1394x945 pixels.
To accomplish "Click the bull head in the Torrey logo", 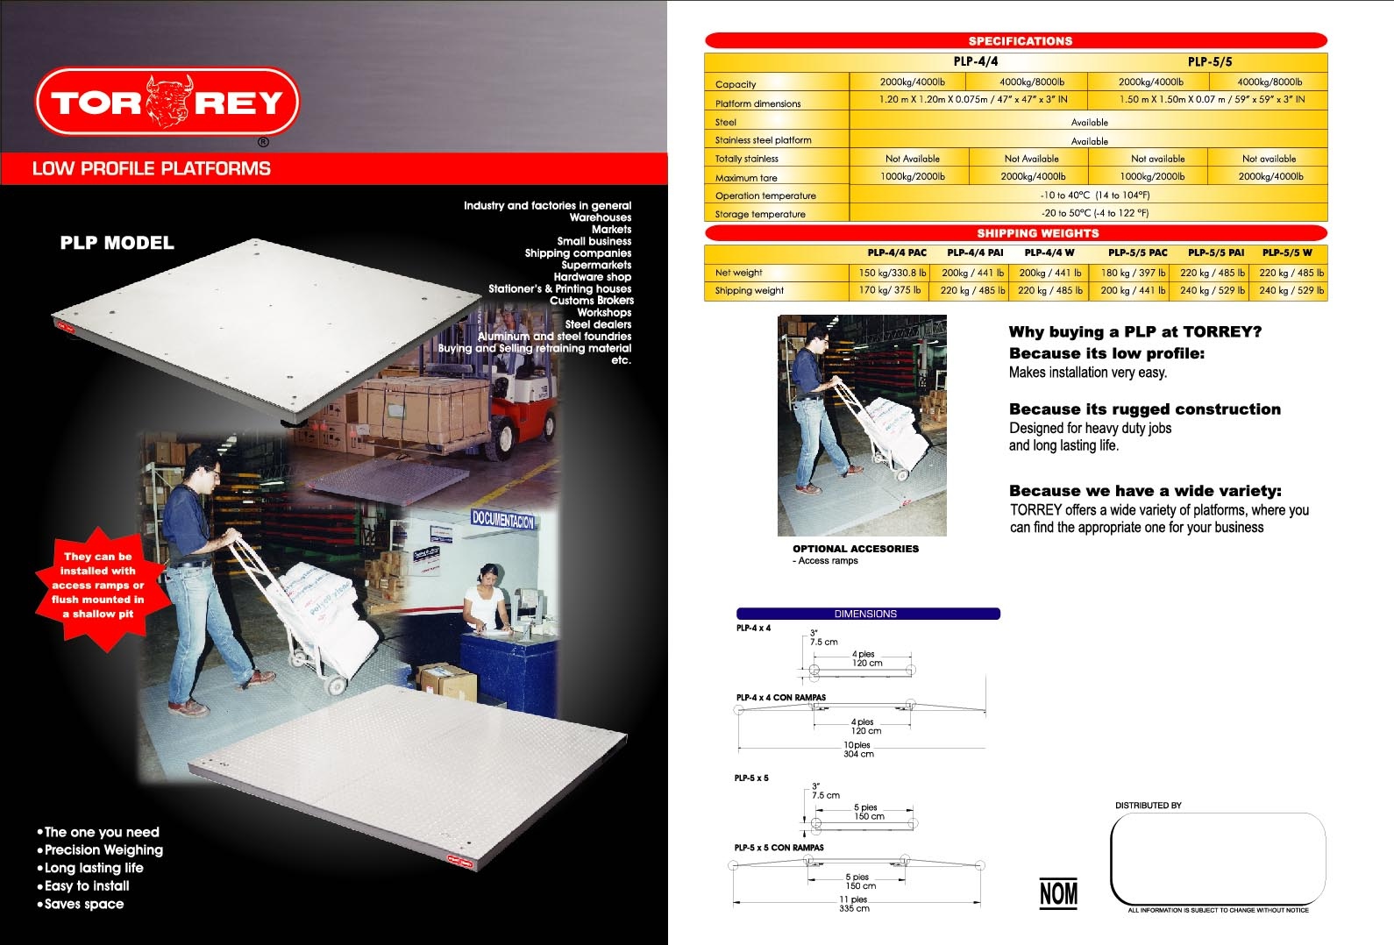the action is coord(168,102).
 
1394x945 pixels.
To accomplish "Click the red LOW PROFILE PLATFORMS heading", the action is coord(151,168).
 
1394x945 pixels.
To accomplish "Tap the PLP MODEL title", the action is coord(117,243).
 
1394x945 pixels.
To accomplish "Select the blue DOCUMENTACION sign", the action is coord(503,519).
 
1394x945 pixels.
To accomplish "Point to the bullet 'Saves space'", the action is coord(81,904).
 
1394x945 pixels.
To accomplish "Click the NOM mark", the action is coord(1058,893).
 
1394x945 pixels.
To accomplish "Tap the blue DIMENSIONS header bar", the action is coord(867,614).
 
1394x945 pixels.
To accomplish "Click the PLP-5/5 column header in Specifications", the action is coord(1209,61).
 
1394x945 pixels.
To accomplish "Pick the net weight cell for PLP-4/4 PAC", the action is coord(892,273).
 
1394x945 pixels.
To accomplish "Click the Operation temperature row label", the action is coord(765,195).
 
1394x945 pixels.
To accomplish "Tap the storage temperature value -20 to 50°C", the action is coord(1095,213).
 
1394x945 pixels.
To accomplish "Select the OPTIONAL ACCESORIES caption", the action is coord(855,549).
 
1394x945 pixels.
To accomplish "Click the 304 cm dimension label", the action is coord(858,754).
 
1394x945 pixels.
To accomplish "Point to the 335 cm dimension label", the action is coord(854,908).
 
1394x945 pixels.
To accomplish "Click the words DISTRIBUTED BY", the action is coord(1149,805).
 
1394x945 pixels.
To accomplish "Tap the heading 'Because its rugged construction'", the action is coord(1144,409).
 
